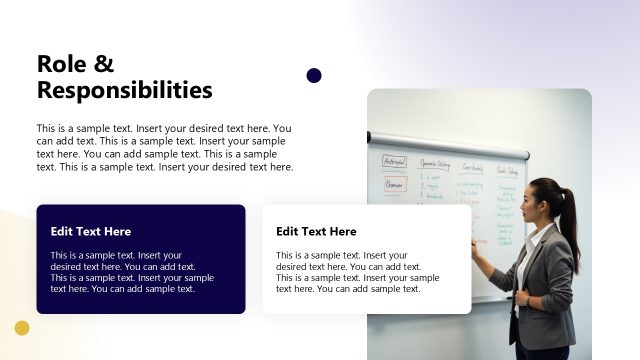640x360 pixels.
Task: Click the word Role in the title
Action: (61, 64)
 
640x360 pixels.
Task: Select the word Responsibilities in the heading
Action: (124, 90)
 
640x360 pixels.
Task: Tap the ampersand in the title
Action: (105, 64)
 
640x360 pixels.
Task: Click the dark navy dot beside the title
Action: (314, 75)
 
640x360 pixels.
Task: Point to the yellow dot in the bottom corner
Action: (22, 328)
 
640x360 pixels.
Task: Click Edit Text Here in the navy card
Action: (91, 231)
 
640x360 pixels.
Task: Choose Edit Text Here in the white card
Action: (316, 231)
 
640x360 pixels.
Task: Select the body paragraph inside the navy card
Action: (132, 272)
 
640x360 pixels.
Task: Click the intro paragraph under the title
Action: (165, 148)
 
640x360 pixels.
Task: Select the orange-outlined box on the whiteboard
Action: (394, 184)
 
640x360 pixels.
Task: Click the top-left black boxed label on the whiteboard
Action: (394, 161)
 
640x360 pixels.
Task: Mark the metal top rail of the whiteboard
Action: (450, 145)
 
